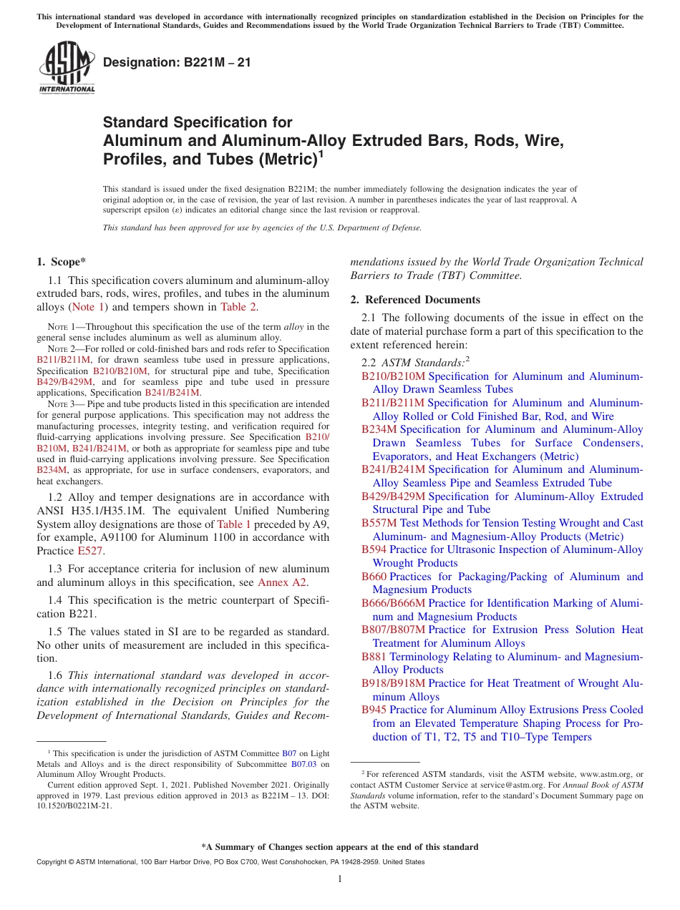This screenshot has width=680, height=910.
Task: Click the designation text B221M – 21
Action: pyautogui.click(x=177, y=63)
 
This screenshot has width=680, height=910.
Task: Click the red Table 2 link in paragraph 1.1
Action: pyautogui.click(x=238, y=307)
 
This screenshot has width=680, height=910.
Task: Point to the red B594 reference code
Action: pyautogui.click(x=374, y=549)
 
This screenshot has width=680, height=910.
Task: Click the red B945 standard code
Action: pyautogui.click(x=374, y=710)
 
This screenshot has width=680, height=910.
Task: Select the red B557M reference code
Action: pyautogui.click(x=379, y=523)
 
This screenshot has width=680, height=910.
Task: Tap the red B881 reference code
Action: pyautogui.click(x=374, y=656)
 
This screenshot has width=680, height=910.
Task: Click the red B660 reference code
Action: pyautogui.click(x=374, y=577)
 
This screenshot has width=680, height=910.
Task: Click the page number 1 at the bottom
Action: pyautogui.click(x=340, y=879)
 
